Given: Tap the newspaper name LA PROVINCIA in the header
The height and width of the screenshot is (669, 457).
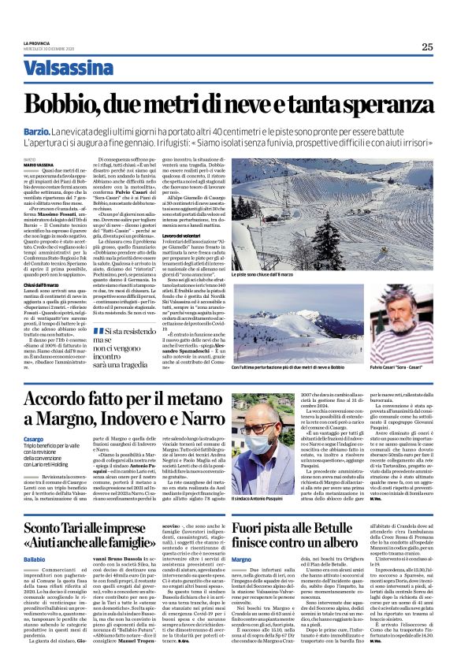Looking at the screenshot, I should point(38,43).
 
